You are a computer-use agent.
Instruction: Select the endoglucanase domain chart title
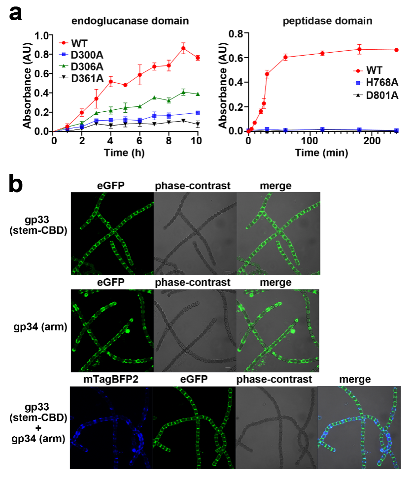[130, 21]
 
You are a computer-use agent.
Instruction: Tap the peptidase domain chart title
[328, 21]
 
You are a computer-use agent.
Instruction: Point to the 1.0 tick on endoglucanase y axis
[44, 35]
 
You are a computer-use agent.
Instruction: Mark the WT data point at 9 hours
[183, 48]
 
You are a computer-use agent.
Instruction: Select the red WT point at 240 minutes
[397, 50]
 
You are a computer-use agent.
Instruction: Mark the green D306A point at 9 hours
[183, 92]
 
